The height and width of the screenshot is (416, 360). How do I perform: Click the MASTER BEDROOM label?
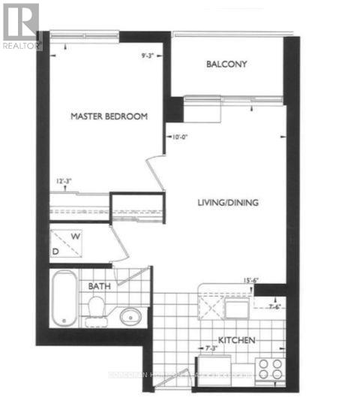click(x=109, y=116)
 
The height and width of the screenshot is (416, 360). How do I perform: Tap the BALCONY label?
click(x=227, y=64)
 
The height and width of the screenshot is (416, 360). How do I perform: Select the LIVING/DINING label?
click(x=224, y=203)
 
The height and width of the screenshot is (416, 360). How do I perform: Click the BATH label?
click(x=100, y=287)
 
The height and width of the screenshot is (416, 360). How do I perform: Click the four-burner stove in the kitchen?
click(x=269, y=369)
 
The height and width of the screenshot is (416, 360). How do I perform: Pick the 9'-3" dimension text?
click(x=151, y=53)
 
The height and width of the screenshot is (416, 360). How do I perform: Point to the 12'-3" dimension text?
click(x=65, y=181)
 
